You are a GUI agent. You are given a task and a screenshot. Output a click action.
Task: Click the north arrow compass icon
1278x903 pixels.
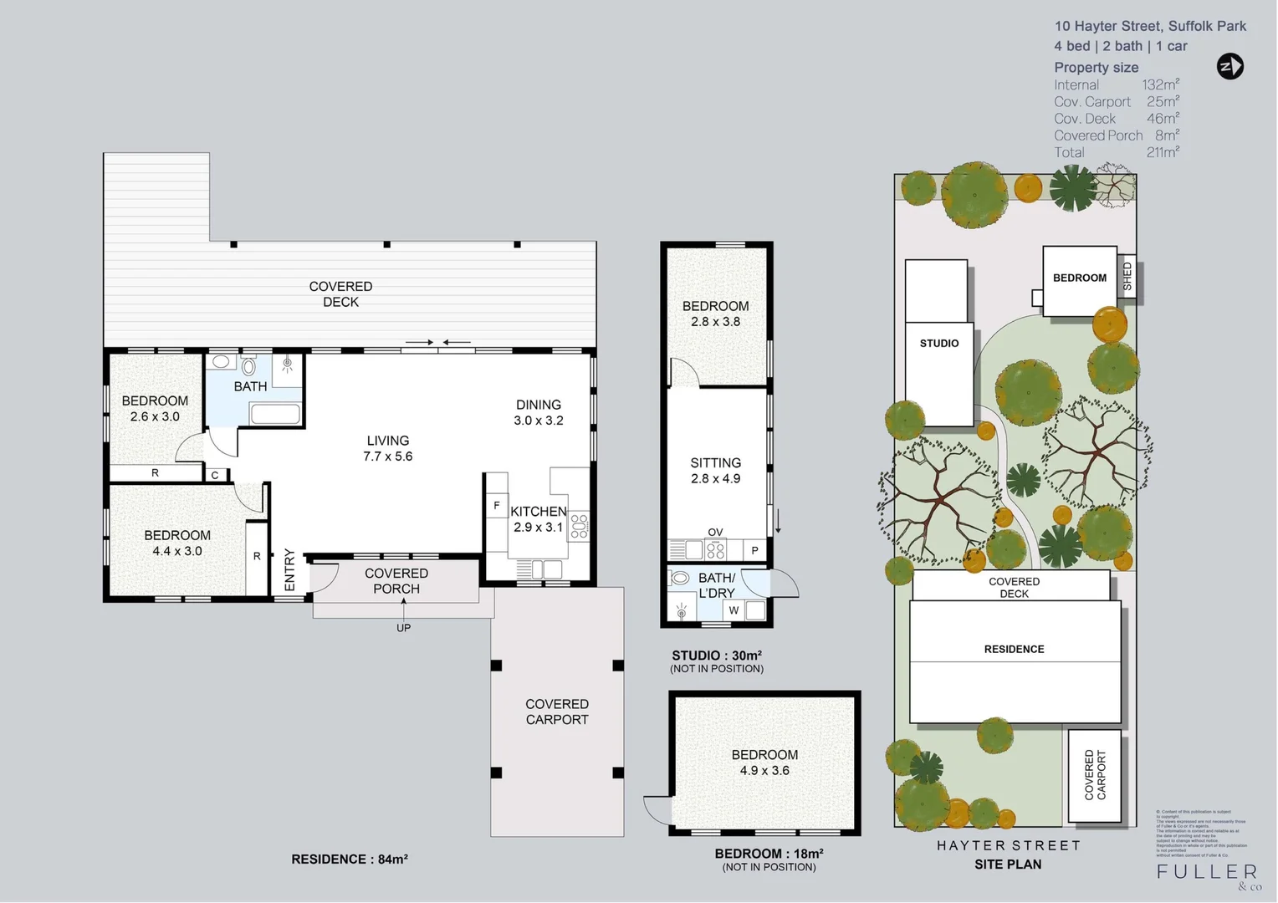[x=1229, y=66]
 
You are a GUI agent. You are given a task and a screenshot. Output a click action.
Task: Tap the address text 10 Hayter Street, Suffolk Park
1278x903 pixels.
[x=1150, y=26]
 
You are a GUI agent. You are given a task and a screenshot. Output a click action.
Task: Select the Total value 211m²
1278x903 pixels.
[x=1163, y=152]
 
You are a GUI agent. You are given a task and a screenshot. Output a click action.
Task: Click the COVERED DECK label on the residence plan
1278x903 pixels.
[x=340, y=294]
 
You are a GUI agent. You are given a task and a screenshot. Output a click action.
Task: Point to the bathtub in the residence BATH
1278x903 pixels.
[x=275, y=414]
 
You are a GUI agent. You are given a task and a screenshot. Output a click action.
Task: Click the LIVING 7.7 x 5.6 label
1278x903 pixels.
[x=388, y=448]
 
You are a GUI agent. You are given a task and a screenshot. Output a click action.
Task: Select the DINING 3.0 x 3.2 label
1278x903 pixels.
[x=538, y=412]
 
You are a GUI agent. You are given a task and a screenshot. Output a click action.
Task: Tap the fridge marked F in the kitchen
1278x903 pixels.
[x=497, y=506]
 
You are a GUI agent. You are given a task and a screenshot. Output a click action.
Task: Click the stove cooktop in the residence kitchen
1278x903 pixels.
[x=579, y=526]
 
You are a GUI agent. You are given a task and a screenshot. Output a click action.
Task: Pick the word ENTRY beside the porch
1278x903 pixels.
[x=289, y=569]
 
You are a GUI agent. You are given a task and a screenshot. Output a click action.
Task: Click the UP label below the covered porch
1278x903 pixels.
[x=403, y=628]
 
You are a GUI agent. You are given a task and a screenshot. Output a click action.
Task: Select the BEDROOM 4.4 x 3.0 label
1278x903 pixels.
[x=177, y=543]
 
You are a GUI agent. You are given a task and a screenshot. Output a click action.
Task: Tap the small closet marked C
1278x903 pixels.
[x=215, y=475]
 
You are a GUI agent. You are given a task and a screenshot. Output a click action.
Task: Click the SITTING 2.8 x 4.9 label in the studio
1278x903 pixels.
[x=715, y=471]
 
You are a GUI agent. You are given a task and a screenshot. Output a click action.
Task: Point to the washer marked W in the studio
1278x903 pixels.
[x=734, y=610]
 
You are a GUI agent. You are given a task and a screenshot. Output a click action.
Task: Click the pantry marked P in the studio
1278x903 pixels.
[x=754, y=550]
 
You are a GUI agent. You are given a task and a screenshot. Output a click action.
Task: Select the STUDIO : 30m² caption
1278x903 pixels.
[x=717, y=656]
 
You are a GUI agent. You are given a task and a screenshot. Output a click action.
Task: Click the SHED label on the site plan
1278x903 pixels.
[x=1127, y=277]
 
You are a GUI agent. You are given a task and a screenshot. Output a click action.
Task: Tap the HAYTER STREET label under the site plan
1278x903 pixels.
[x=1009, y=845]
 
